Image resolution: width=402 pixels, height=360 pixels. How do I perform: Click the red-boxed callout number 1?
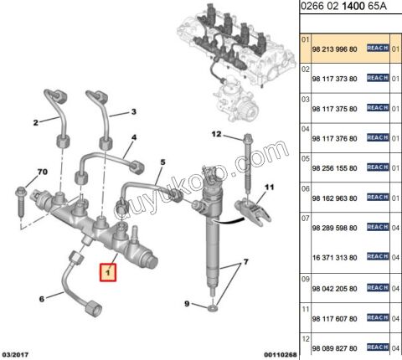[106, 271]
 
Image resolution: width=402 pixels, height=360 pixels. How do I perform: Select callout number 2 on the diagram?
[35, 123]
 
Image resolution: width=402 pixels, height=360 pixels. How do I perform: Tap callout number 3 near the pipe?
[131, 111]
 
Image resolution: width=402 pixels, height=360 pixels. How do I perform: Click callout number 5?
[162, 162]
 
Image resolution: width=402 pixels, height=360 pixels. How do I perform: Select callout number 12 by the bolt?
[215, 134]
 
